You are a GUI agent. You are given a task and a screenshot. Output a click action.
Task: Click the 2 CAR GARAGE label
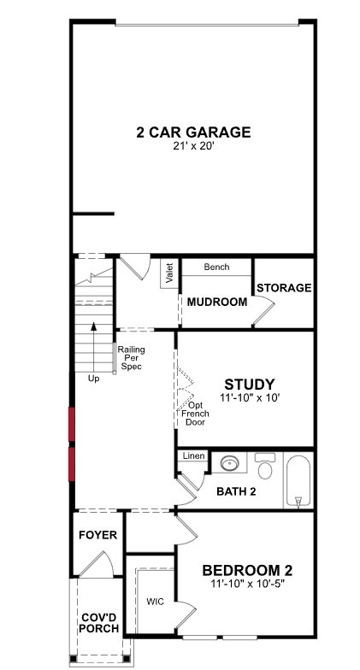(193, 132)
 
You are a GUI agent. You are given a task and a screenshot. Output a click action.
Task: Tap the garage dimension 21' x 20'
(193, 146)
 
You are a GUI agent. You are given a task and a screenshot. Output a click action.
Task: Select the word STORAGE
(284, 287)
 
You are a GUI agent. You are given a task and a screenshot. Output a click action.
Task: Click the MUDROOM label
(217, 303)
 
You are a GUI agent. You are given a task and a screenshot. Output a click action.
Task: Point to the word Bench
(216, 267)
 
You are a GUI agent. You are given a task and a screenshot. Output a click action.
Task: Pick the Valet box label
(169, 273)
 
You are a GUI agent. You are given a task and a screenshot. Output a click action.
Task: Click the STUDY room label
(250, 385)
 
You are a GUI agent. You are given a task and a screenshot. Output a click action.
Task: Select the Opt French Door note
(195, 414)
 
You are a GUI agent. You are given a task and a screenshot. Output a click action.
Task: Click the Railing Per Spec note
(132, 357)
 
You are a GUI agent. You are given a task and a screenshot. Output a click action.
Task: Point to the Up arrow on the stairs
(94, 347)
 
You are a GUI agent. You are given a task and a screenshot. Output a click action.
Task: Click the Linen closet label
(193, 456)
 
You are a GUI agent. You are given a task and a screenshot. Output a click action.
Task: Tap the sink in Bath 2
(230, 463)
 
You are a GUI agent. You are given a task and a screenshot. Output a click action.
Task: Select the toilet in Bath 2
(265, 465)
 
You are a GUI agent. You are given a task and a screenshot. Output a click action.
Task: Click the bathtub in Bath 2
(298, 482)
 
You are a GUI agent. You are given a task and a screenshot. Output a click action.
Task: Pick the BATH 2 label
(236, 491)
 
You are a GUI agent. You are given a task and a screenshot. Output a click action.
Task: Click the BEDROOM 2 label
(248, 571)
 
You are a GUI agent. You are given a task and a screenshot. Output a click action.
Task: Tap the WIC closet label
(155, 602)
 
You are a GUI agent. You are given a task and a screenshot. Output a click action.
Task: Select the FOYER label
(97, 535)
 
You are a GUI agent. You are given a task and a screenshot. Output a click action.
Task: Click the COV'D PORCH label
(100, 623)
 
